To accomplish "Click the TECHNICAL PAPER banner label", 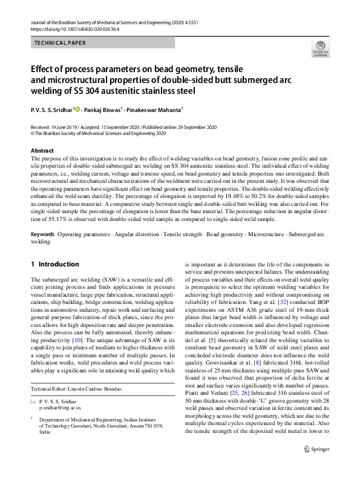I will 60,43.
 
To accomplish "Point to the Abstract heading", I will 42,150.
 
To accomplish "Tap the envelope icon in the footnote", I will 33,401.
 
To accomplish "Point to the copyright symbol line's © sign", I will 33,133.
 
